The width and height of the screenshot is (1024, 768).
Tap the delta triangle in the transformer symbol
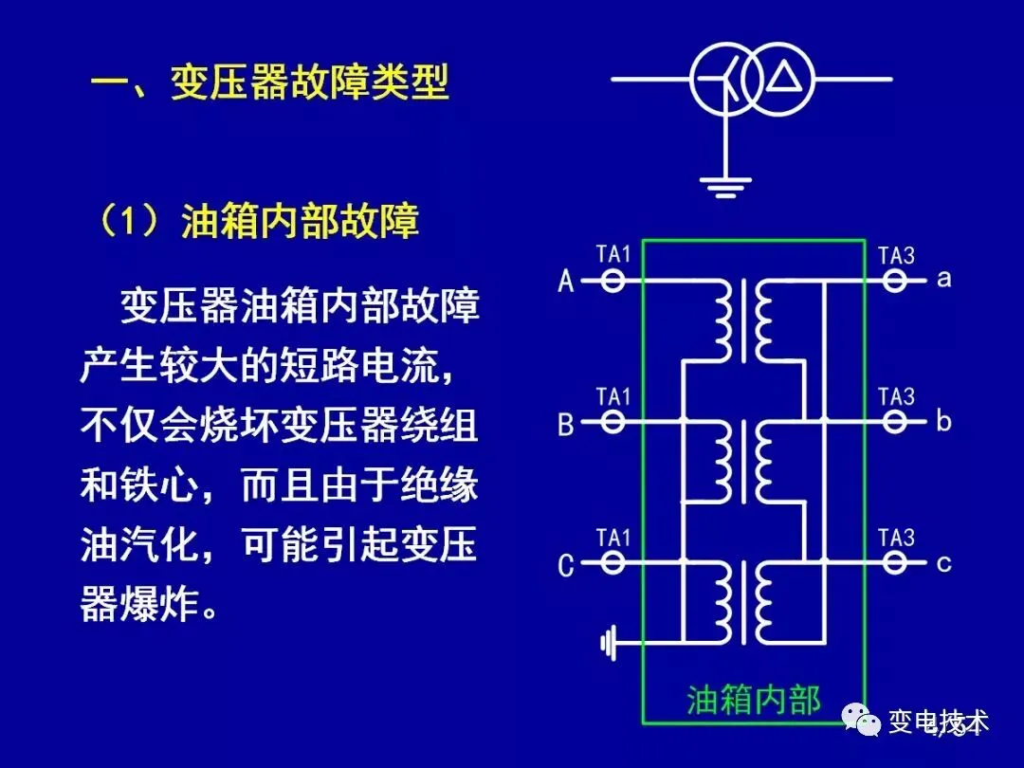coord(783,78)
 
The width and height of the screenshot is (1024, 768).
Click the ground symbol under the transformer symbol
coord(725,186)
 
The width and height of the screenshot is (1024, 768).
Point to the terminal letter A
coord(566,281)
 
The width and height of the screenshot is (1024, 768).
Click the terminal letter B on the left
coord(566,423)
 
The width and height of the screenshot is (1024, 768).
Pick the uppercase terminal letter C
coord(566,566)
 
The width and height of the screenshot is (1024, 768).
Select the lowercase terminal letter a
coord(942,279)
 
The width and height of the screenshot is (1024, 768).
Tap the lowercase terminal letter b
coord(942,420)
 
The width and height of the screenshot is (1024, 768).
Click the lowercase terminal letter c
coord(942,563)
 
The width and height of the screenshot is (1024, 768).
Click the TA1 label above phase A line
coord(613,254)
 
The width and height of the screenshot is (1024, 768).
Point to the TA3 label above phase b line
coord(896,396)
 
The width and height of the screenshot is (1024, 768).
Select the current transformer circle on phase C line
coord(613,563)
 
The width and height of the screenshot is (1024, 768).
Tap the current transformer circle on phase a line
coord(895,281)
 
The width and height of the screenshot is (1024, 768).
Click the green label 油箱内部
coord(754,699)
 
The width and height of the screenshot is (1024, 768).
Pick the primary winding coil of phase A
coord(722,319)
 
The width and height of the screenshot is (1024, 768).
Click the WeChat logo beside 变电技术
coord(862,722)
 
